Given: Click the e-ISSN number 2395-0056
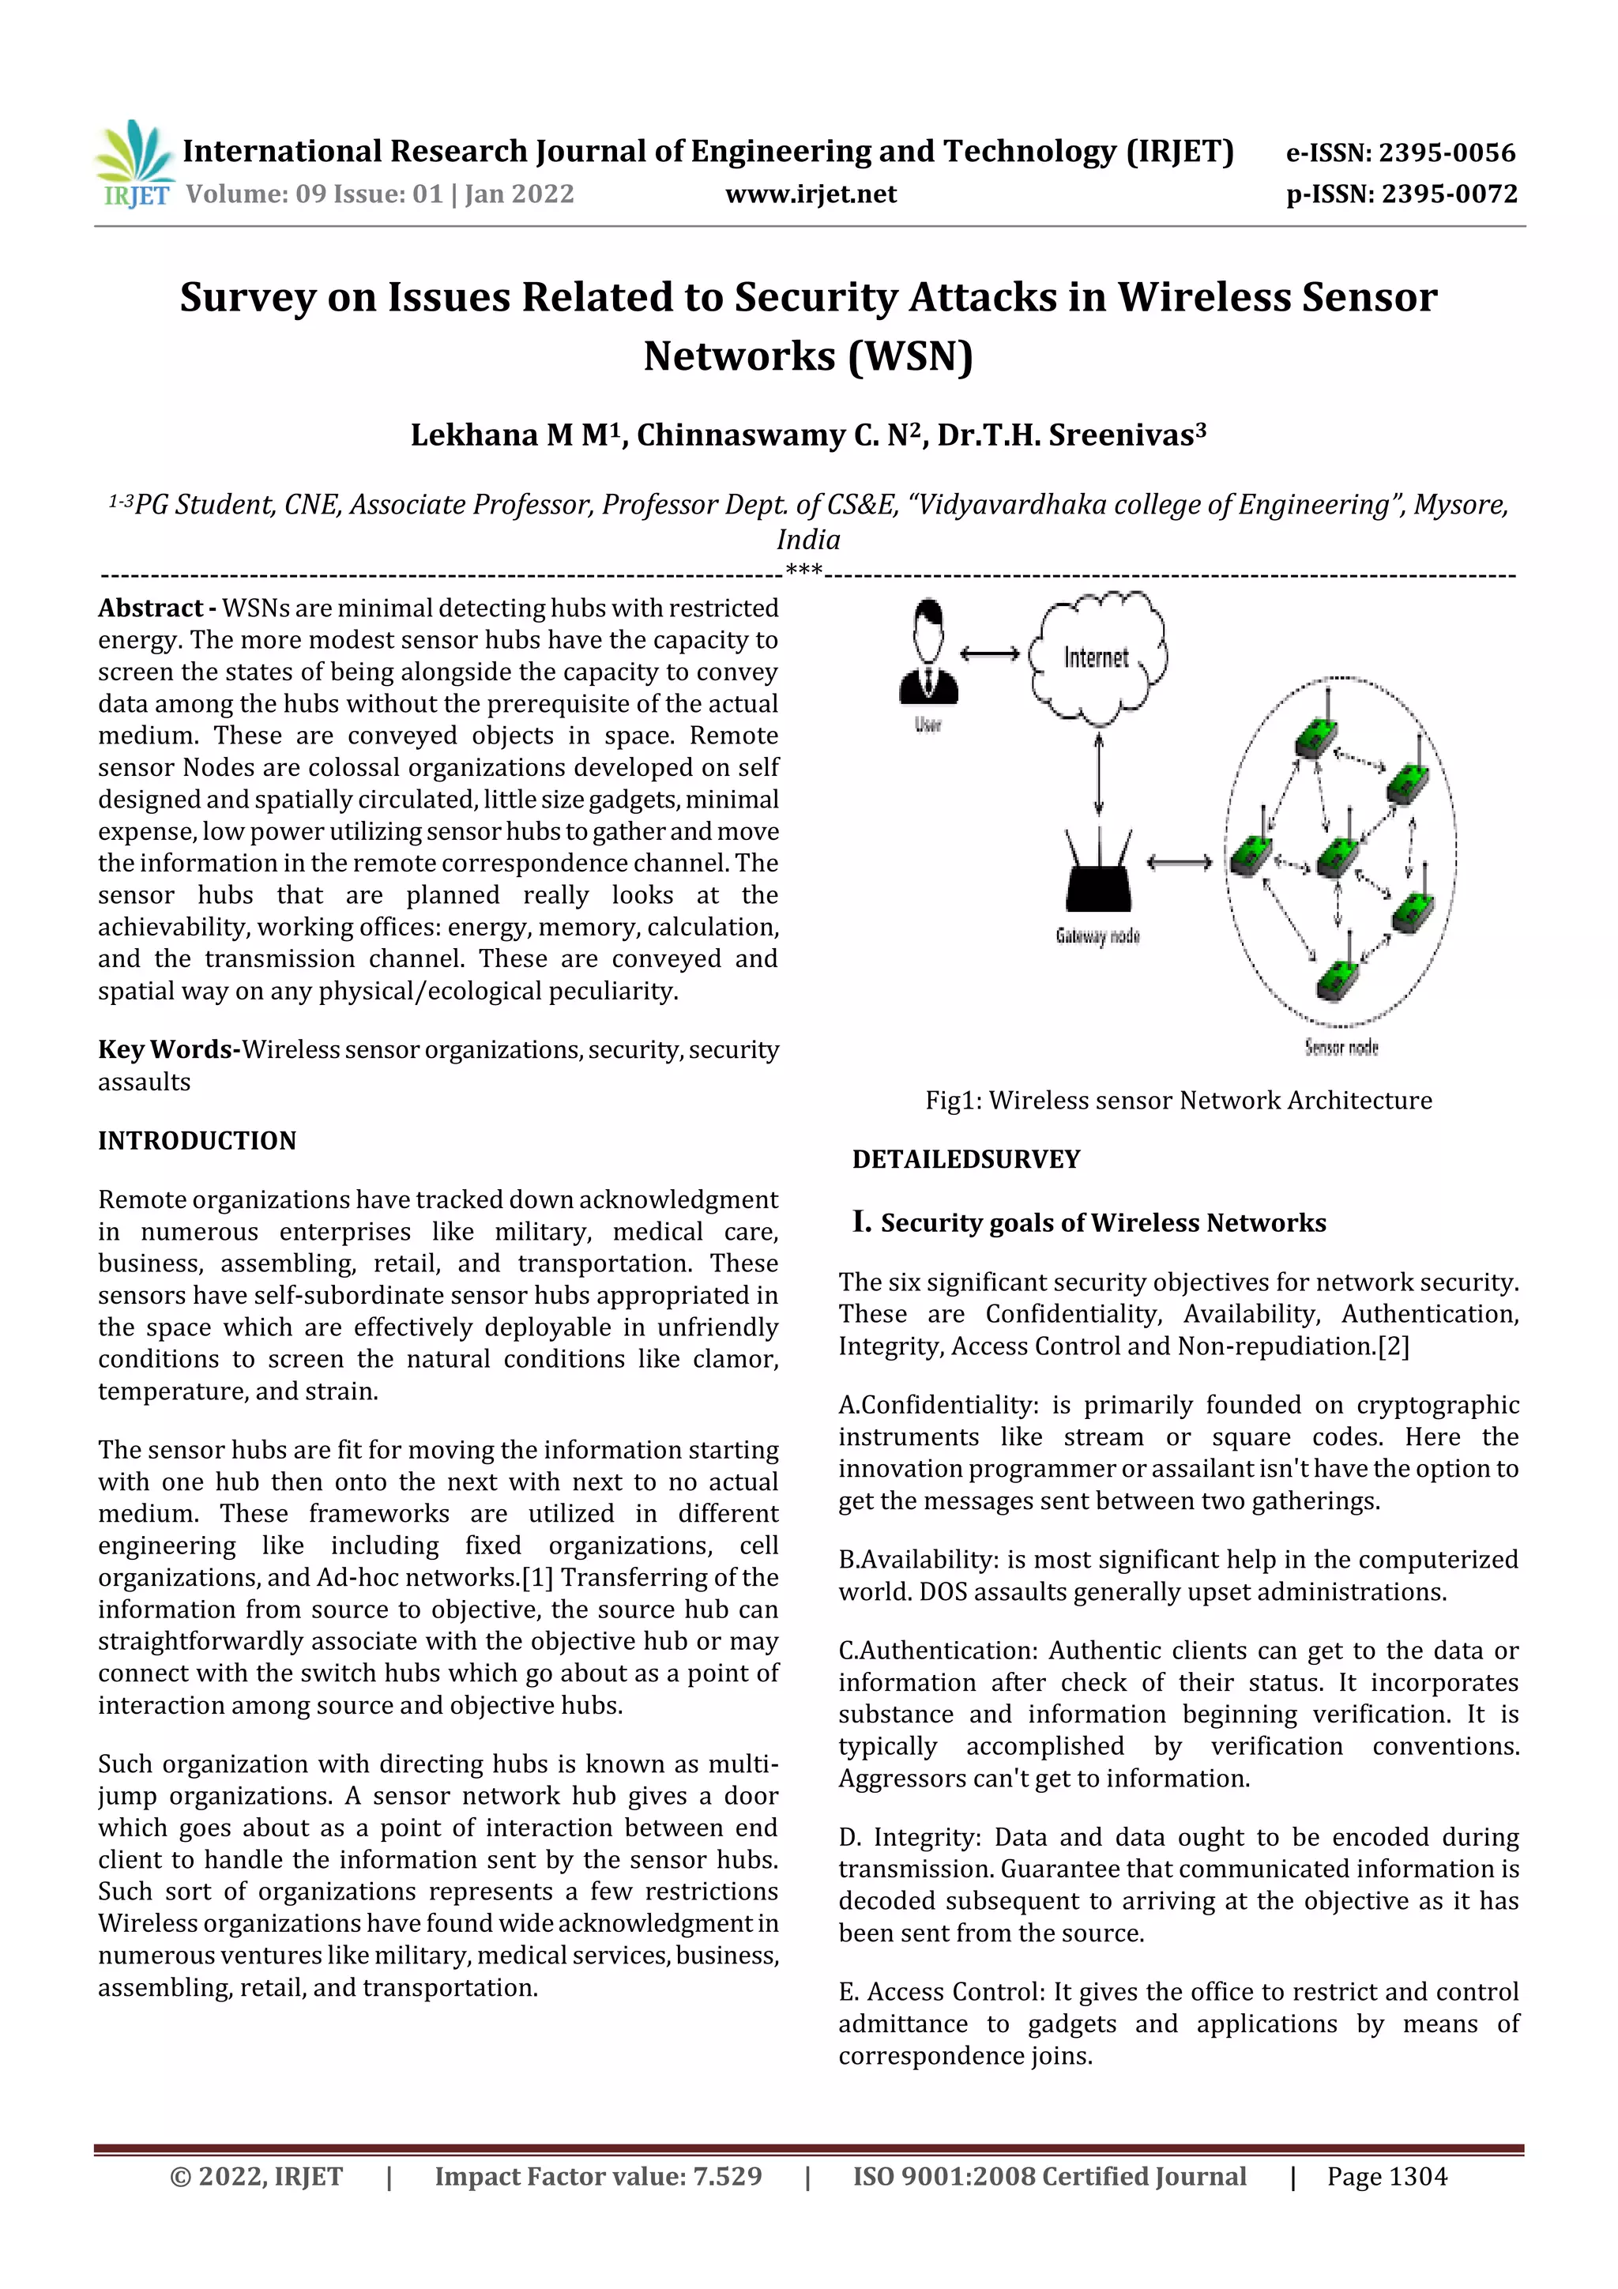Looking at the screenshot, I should click(1447, 152).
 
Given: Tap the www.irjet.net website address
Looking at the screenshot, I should click(811, 194).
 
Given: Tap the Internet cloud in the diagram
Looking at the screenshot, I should click(1097, 658).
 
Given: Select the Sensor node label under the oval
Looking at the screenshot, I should click(1341, 1048).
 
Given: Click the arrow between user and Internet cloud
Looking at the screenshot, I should click(989, 654).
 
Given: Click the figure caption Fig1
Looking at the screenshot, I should click(1179, 1101).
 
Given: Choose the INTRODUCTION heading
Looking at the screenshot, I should click(198, 1142).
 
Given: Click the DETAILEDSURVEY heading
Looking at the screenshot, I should click(966, 1159).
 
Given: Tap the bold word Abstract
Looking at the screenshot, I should click(151, 608).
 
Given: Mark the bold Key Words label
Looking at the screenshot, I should click(167, 1050).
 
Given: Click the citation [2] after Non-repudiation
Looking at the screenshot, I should click(1394, 1347).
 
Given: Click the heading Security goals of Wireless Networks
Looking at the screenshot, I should click(1103, 1223).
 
